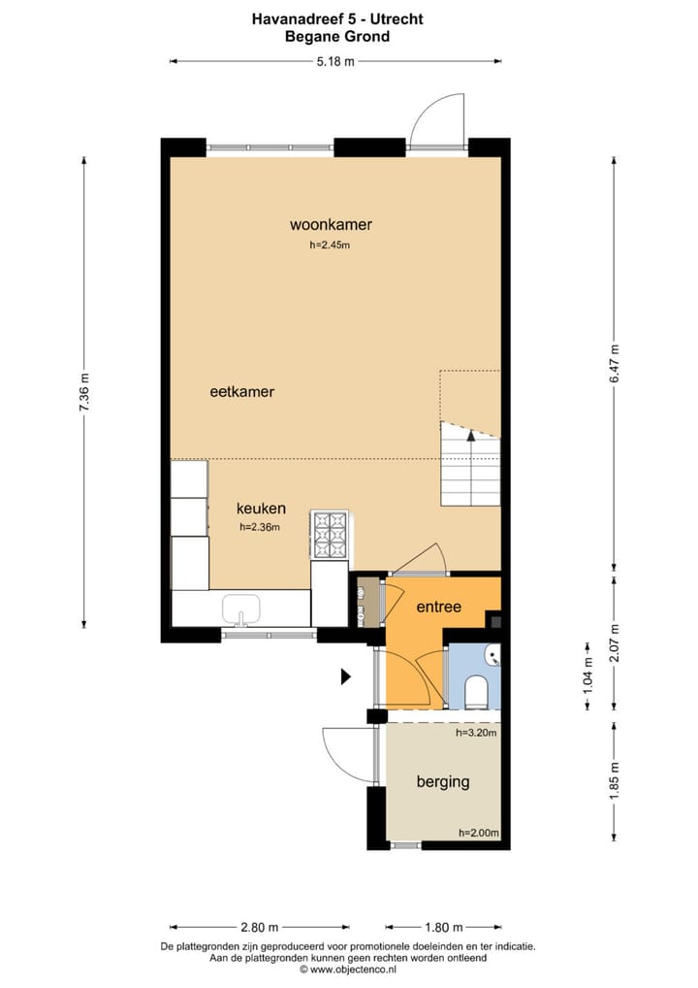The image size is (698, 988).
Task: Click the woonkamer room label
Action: coord(331,224)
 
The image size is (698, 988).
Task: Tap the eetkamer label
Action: coord(241,391)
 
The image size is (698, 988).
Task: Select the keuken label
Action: coord(261,508)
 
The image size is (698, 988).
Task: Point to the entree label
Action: coord(439,607)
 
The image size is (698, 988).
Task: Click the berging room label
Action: coord(443,782)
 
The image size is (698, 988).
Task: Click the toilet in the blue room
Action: coord(476,692)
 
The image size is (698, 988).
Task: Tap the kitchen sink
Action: coord(241,609)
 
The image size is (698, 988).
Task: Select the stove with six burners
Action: coord(330,535)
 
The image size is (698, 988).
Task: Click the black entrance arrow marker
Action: coord(345,676)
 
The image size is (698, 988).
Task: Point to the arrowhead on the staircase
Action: coord(470,435)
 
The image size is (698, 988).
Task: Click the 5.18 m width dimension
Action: coord(334,61)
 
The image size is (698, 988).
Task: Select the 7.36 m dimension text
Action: coord(84,392)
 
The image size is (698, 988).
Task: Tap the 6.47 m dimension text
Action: coord(615,364)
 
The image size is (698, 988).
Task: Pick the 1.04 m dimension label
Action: coord(588,675)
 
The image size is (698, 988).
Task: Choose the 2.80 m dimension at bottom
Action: coord(259,927)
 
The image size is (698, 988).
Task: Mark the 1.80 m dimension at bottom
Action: coord(444,927)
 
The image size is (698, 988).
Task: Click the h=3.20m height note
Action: coord(476,733)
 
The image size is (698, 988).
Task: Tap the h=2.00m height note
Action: coord(478,833)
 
